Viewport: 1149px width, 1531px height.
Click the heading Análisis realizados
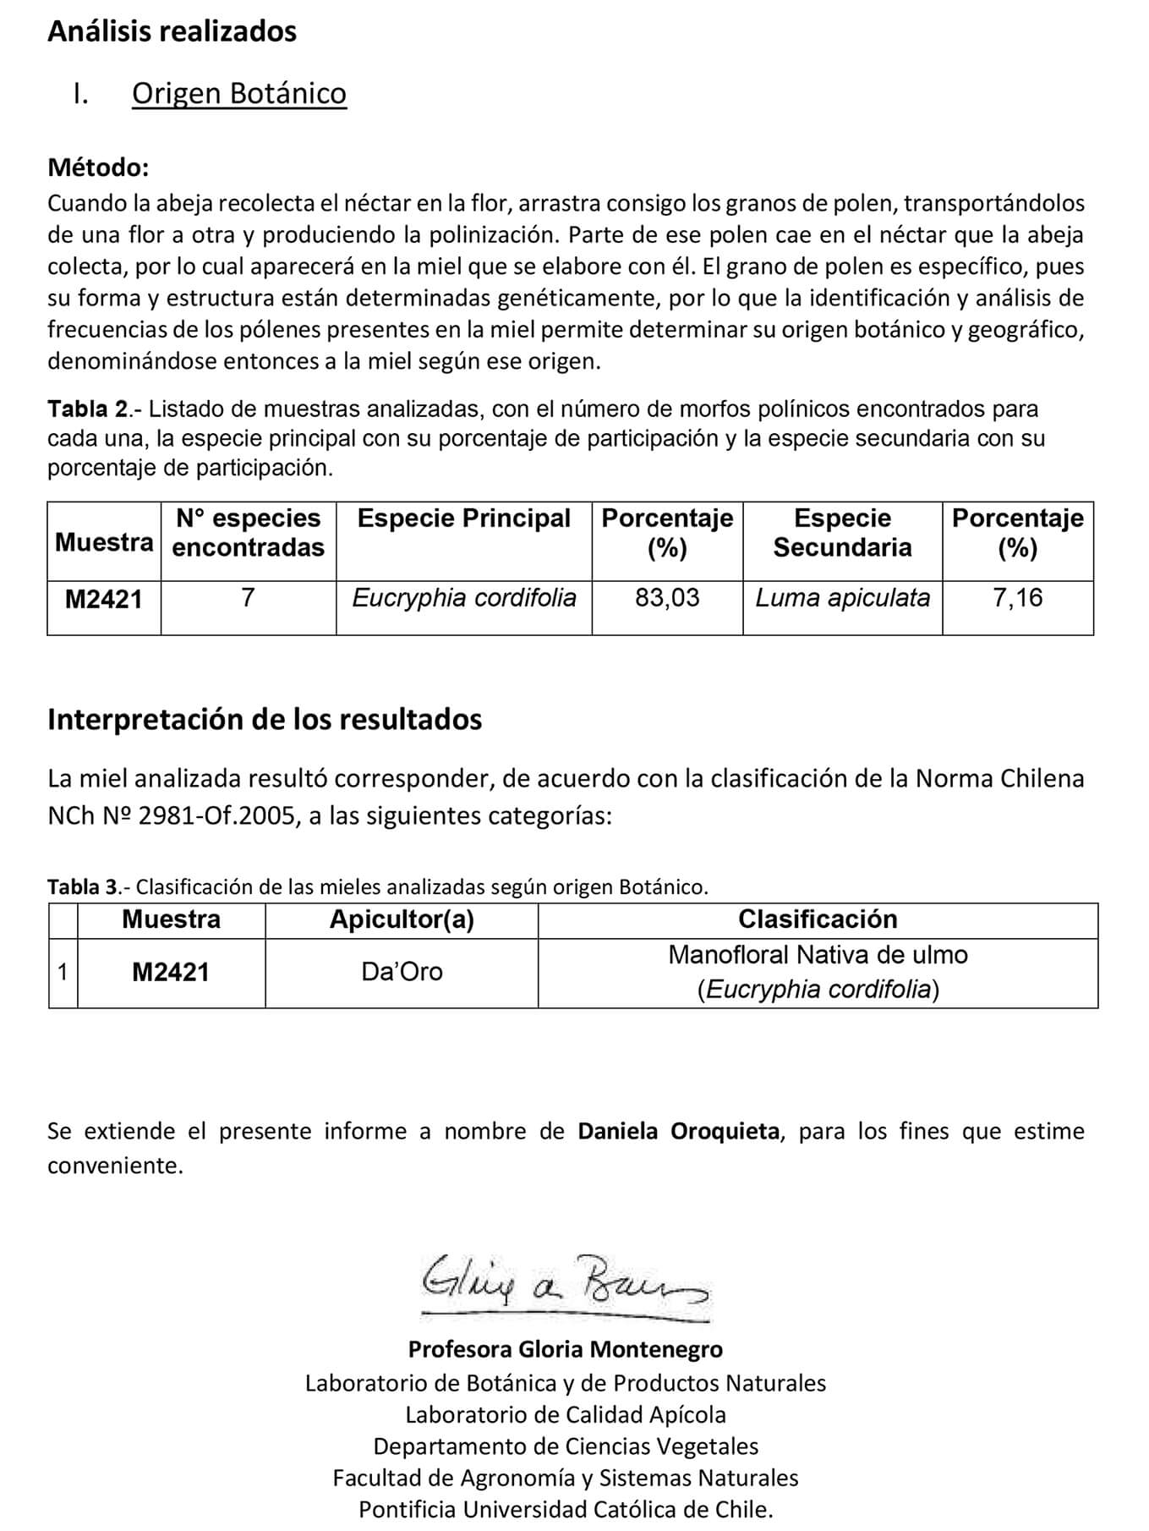coord(172,31)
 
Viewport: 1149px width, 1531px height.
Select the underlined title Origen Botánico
coord(238,93)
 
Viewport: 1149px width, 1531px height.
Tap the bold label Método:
coord(98,167)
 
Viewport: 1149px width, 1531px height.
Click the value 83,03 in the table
coord(667,598)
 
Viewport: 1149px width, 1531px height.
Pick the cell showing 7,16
coord(1017,598)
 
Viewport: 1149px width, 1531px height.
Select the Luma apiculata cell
coord(842,598)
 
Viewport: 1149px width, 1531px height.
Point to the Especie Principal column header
coord(463,519)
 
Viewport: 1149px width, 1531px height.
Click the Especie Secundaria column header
coord(842,533)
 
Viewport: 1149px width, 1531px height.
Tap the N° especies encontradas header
coord(248,533)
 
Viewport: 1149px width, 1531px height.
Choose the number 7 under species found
coord(248,598)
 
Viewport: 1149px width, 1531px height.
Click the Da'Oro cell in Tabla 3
coord(402,971)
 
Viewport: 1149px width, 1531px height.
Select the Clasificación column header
coord(818,919)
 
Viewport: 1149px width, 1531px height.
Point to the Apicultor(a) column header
coord(402,919)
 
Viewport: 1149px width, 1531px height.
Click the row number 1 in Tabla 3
coord(63,972)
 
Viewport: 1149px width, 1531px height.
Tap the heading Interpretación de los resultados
coord(265,719)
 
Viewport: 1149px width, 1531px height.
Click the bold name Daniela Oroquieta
coord(678,1131)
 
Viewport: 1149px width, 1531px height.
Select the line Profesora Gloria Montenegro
coord(565,1348)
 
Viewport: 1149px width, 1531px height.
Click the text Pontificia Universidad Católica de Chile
coord(565,1509)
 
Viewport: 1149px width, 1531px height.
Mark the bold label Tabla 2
coord(88,409)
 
